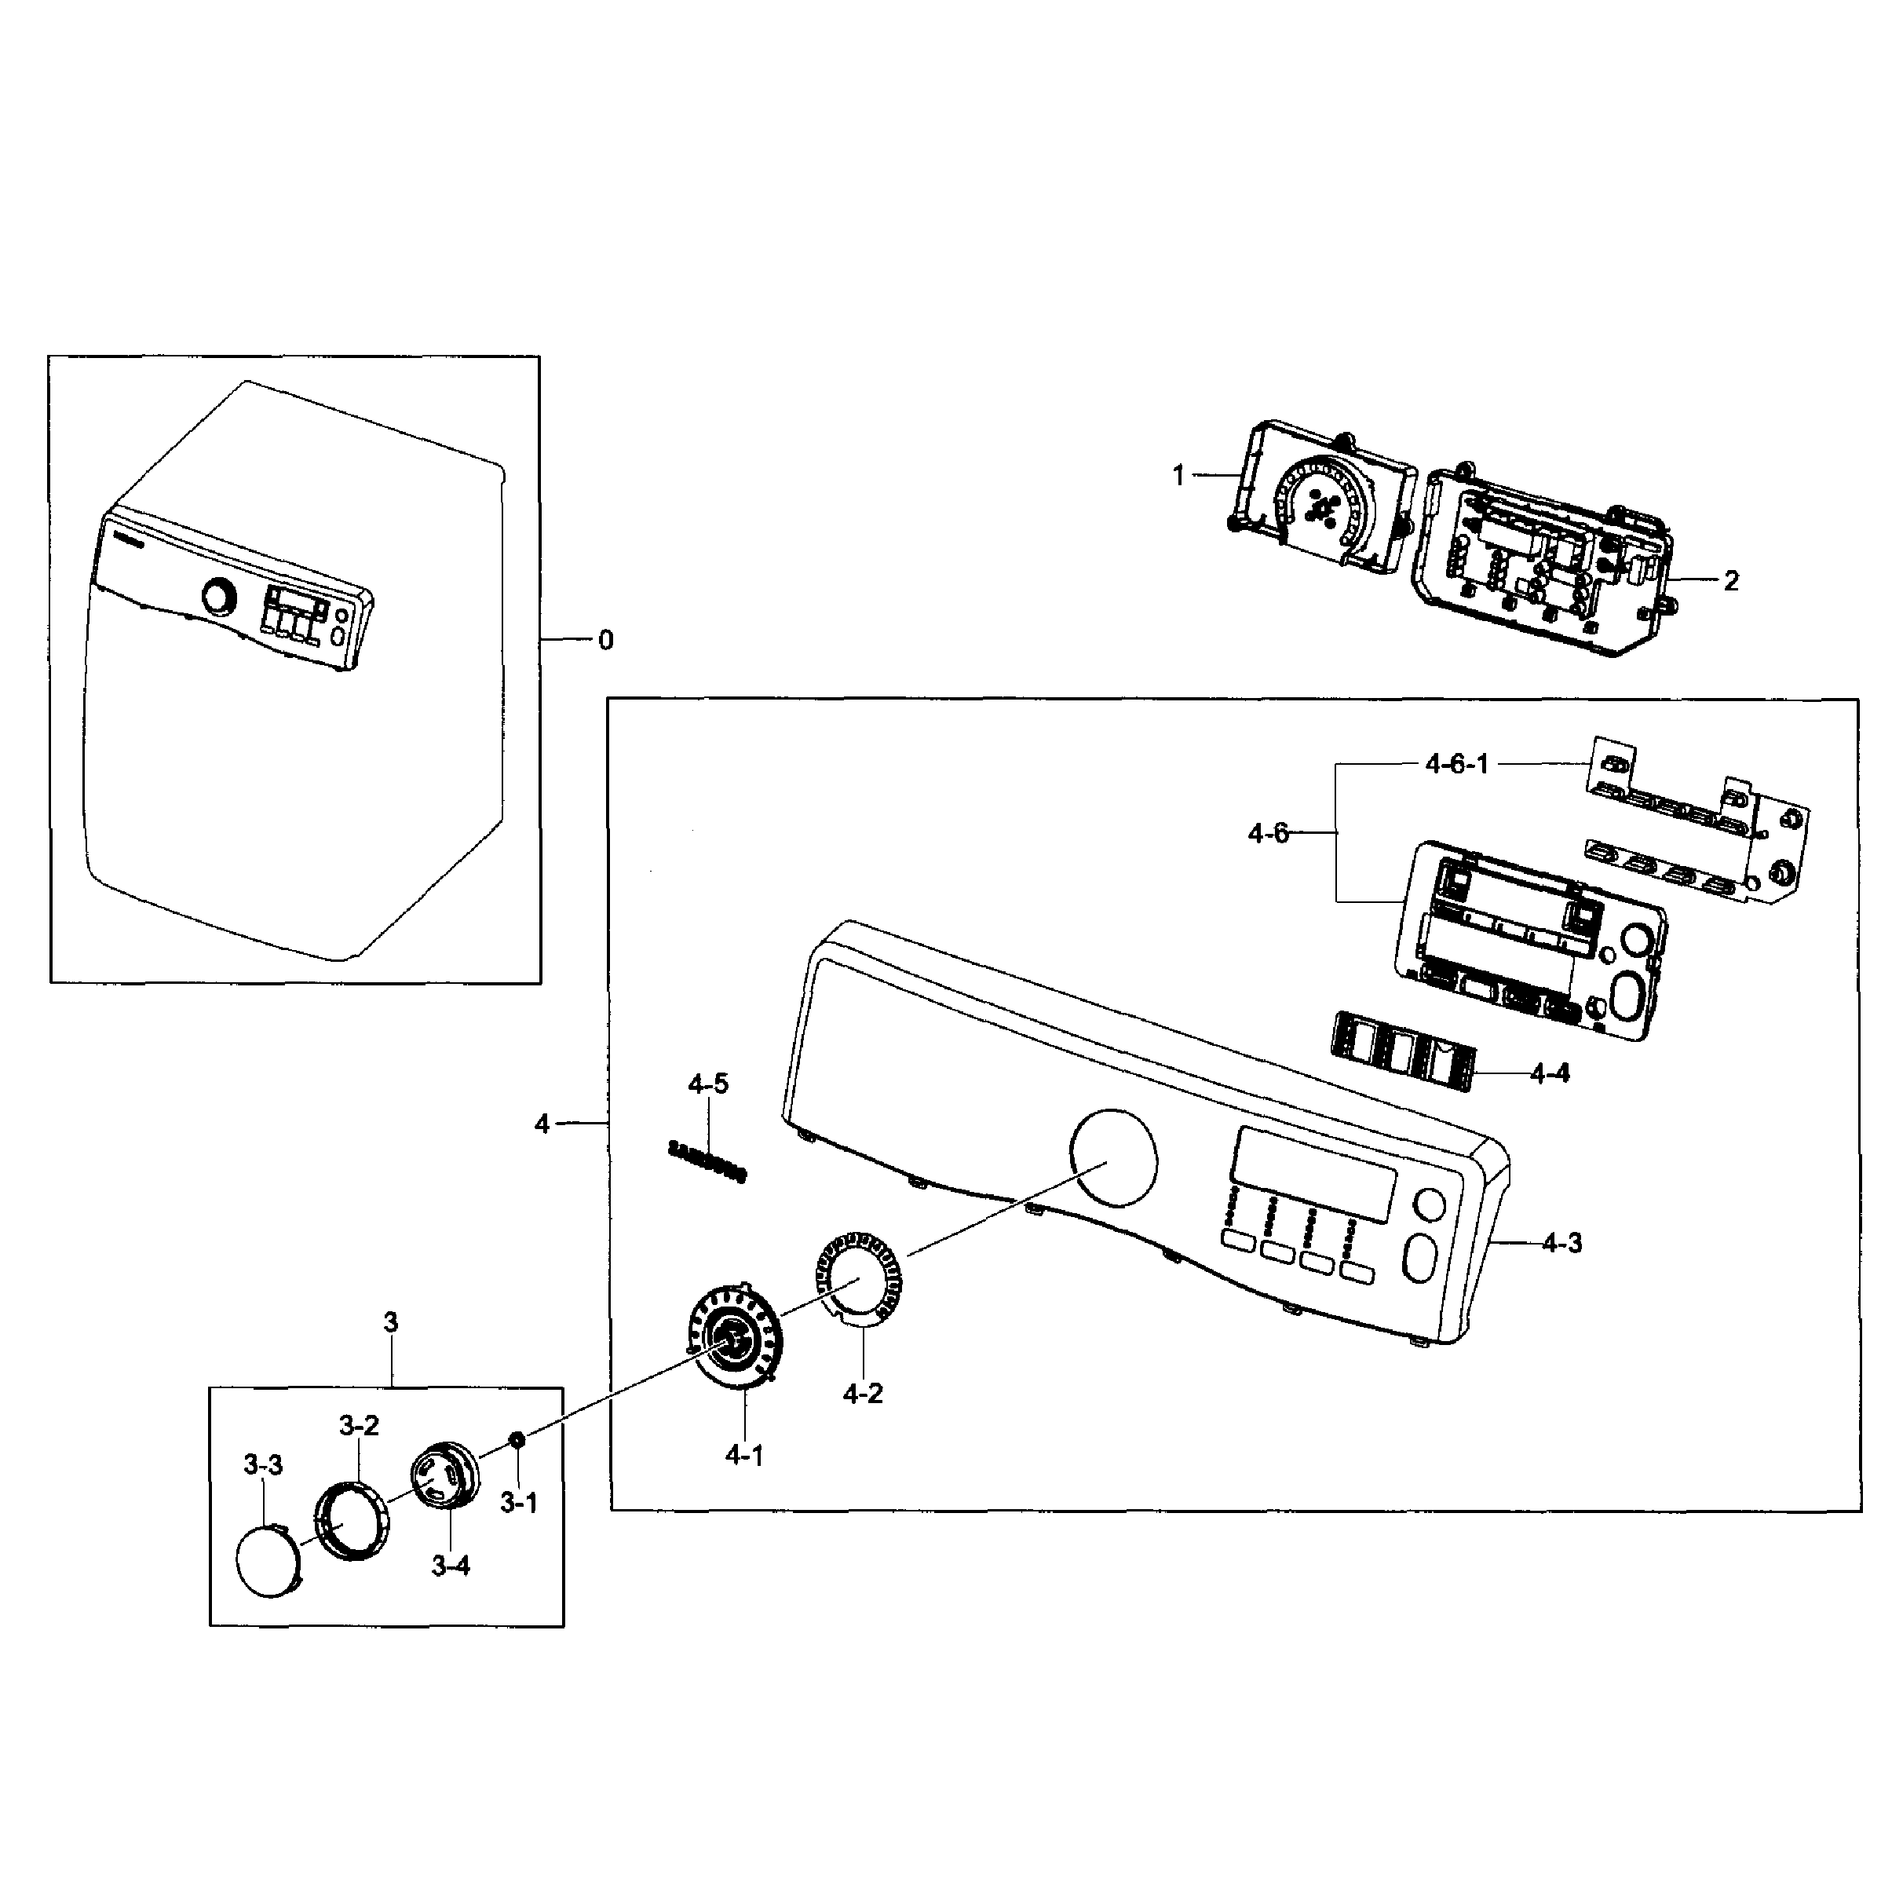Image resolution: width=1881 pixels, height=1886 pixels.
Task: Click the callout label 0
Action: [x=605, y=641]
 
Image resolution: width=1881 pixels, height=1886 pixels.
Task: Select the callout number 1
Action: [x=1178, y=475]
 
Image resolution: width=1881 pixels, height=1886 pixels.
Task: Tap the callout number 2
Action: [x=1731, y=581]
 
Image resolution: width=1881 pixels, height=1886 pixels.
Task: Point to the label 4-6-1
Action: [x=1456, y=764]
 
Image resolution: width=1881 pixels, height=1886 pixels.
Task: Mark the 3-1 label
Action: [x=518, y=1504]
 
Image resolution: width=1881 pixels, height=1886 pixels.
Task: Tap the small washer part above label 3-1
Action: [x=517, y=1439]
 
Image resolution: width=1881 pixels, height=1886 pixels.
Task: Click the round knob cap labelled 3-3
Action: [x=269, y=1559]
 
